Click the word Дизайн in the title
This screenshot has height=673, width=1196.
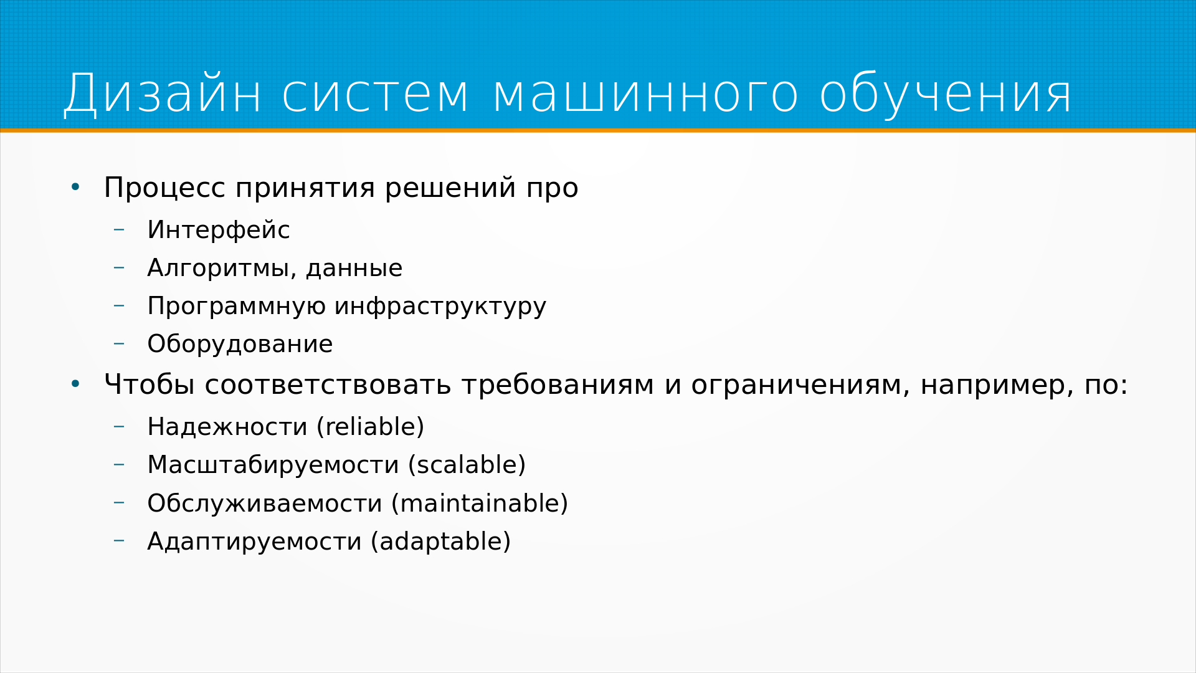(x=163, y=94)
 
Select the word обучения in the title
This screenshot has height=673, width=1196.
(x=946, y=94)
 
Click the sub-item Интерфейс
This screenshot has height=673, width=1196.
(x=219, y=230)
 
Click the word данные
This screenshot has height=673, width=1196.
(x=354, y=269)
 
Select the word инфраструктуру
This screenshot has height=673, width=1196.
(x=440, y=307)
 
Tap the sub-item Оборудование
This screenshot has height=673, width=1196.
(x=240, y=344)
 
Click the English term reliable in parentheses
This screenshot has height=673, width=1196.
(x=370, y=427)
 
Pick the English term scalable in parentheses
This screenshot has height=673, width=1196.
(x=467, y=465)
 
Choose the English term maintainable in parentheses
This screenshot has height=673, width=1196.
(x=480, y=504)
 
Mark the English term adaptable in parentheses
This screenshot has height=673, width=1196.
(x=441, y=542)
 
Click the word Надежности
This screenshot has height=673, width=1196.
(x=227, y=427)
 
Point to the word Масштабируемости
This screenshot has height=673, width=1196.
(x=273, y=465)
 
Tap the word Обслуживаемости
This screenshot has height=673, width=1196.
(x=265, y=504)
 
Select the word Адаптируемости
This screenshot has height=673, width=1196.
(x=254, y=542)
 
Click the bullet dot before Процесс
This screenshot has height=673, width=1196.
(x=75, y=187)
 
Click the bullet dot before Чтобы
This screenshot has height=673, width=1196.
(x=75, y=384)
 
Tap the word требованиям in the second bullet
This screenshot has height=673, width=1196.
(x=558, y=384)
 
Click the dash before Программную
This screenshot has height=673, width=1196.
(x=119, y=305)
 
